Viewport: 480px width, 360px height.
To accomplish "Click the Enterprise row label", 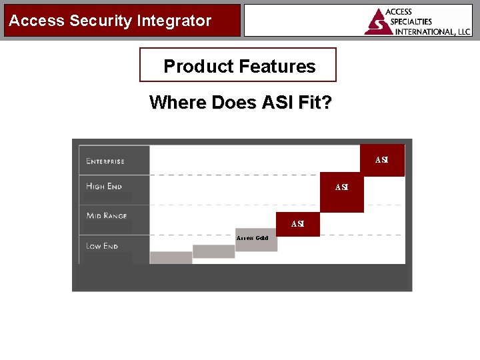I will point(105,161).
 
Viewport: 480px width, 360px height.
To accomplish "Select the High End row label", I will point(104,187).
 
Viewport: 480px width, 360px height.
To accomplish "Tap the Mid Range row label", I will point(107,216).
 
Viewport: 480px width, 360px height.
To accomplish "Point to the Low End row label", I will point(102,246).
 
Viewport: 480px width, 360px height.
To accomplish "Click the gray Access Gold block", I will point(256,240).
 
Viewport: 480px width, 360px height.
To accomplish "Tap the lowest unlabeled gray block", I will point(171,257).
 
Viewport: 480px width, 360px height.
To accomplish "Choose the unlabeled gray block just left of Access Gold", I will point(213,251).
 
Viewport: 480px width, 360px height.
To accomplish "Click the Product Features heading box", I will point(238,65).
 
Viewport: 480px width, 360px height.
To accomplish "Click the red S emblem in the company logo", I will point(377,23).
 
